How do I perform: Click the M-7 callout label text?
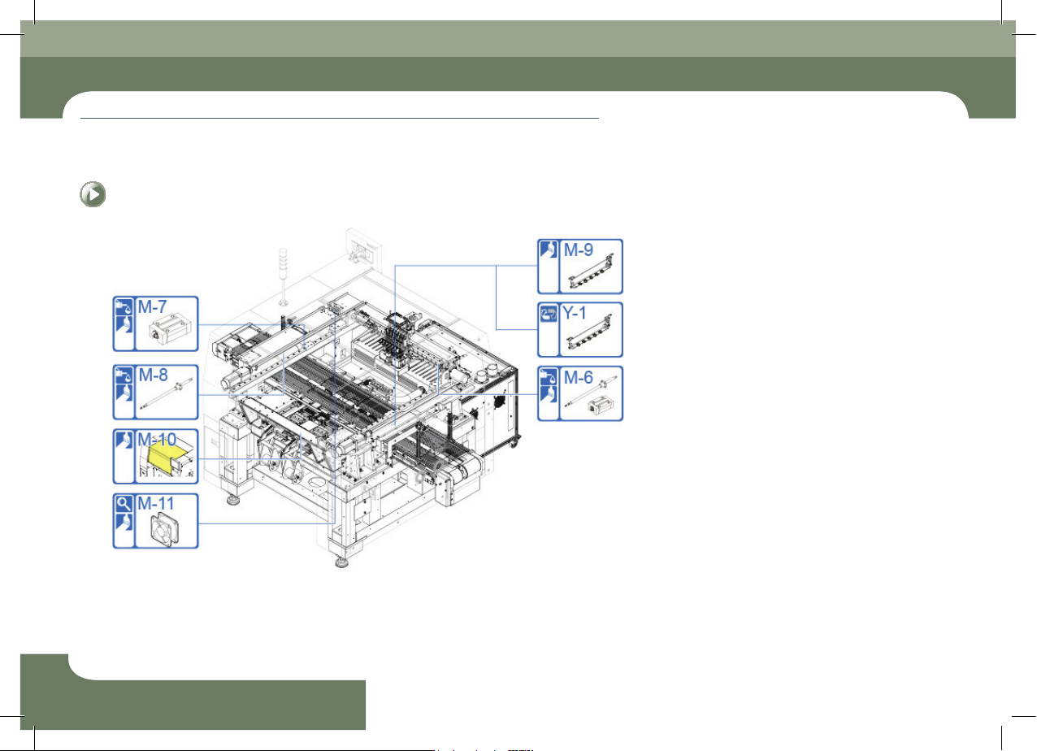pyautogui.click(x=152, y=306)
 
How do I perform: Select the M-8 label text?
pyautogui.click(x=154, y=375)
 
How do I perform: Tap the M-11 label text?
pyautogui.click(x=155, y=503)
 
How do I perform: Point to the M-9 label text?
pyautogui.click(x=578, y=250)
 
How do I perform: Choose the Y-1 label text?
pyautogui.click(x=574, y=313)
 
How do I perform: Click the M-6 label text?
pyautogui.click(x=578, y=377)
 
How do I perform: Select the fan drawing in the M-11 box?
pyautogui.click(x=165, y=529)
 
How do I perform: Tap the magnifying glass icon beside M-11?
pyautogui.click(x=124, y=503)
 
